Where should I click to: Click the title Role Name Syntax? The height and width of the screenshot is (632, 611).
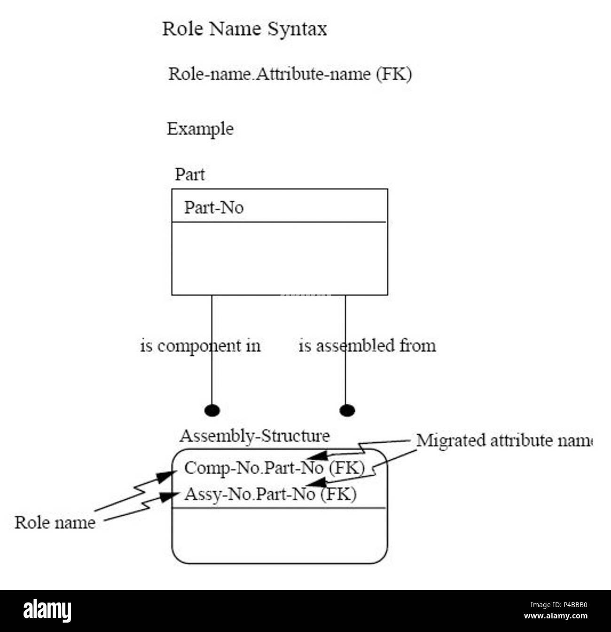click(x=244, y=29)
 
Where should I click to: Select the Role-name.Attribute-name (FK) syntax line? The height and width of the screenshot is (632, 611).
click(x=290, y=74)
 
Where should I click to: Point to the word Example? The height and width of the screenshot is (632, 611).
click(x=200, y=129)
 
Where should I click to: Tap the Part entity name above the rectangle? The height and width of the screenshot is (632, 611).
click(x=190, y=175)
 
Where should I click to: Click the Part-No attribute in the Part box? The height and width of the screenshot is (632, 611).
click(x=214, y=207)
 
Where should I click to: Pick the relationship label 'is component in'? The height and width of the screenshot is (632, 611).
click(x=200, y=346)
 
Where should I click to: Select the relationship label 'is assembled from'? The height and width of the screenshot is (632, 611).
click(x=367, y=346)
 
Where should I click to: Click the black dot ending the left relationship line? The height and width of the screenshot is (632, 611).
click(x=212, y=410)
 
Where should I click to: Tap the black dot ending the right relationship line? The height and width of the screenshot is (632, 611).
click(x=347, y=410)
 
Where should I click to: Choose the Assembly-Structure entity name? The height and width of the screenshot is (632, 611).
click(x=255, y=436)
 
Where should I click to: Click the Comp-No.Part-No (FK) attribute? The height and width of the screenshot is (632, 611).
click(x=274, y=468)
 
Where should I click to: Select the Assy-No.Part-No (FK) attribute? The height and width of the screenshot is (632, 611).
click(x=270, y=494)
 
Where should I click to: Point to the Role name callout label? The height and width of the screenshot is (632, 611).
click(x=55, y=523)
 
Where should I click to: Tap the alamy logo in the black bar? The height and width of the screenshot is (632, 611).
click(x=47, y=611)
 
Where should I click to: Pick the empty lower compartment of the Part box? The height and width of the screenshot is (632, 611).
click(x=280, y=258)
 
